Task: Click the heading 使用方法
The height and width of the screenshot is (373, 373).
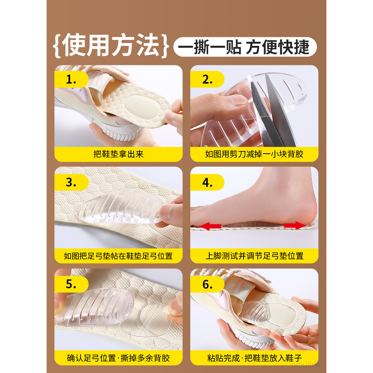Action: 111,45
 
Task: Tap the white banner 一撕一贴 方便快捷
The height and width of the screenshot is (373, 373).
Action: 245,47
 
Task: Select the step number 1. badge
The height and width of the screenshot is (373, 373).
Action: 71,79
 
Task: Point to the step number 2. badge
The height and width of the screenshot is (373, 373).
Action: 207,79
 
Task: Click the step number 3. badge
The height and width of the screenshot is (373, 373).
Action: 71,182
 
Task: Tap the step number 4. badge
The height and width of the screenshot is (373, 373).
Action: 207,182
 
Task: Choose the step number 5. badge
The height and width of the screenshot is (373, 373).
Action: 71,284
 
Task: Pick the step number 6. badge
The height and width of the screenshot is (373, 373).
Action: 207,284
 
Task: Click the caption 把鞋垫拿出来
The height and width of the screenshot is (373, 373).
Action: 119,154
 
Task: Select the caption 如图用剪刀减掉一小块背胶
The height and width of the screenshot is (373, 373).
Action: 254,154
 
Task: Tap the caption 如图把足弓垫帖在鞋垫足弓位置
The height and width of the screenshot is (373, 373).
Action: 119,256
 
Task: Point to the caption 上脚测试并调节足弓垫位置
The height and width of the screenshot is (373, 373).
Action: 254,256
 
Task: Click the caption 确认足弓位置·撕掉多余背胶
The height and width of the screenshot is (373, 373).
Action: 119,358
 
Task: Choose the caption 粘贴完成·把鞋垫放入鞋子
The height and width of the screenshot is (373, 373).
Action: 254,358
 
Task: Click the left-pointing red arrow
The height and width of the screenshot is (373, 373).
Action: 210,226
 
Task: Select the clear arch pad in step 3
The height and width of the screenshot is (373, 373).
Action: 120,207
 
